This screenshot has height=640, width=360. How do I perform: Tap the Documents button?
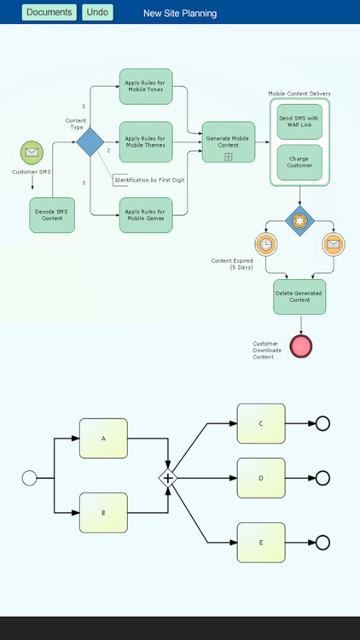49,13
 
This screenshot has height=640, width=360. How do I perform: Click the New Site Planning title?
180,14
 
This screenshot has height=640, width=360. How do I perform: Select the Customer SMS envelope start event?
32,153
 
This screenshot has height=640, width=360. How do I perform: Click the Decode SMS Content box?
52,214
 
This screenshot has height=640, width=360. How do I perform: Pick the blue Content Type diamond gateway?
90,142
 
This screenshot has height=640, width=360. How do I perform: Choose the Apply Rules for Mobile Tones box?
146,87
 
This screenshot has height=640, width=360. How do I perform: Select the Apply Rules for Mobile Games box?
146,214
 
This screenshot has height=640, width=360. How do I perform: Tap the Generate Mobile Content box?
228,141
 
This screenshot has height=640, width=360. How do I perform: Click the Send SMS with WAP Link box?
299,122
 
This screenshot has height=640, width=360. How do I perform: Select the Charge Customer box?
299,162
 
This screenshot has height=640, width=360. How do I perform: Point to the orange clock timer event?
266,244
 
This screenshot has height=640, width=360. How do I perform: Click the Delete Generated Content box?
299,296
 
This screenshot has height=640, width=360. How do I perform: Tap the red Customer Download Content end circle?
300,346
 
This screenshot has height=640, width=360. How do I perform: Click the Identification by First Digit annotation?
149,180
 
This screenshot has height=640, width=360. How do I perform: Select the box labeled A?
103,439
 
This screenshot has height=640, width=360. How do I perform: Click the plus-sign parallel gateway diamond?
168,479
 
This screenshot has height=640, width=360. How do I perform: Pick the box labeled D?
261,478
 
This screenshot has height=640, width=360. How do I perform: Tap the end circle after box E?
322,543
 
